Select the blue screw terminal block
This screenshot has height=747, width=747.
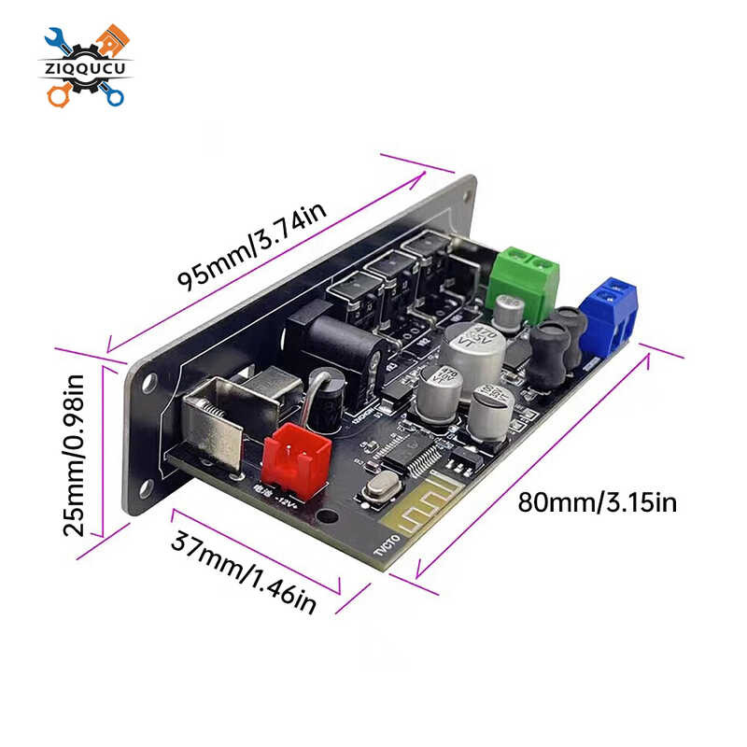(608, 311)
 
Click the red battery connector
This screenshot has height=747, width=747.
(296, 461)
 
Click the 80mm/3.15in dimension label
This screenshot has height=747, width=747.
(597, 503)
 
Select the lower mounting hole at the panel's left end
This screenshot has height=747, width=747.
(147, 486)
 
